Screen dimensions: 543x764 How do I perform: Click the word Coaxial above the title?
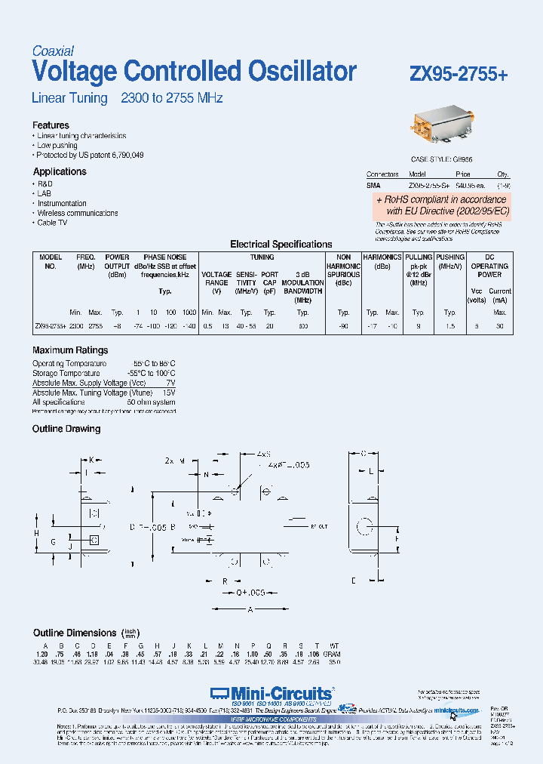53,51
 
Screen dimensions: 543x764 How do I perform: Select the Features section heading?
51,125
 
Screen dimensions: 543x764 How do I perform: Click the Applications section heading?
60,171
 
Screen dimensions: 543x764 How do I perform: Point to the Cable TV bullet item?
52,223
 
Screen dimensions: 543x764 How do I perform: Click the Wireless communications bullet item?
78,213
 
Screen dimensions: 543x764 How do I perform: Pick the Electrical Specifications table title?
281,245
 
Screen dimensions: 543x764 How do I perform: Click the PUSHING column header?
450,257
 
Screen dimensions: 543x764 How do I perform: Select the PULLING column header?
419,257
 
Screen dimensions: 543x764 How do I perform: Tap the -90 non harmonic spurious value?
344,326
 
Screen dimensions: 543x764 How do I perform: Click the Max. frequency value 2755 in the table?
95,326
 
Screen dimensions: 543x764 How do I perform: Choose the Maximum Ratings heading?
70,350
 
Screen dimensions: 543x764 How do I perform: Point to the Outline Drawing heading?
66,429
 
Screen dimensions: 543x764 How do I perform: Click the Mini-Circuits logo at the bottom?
271,693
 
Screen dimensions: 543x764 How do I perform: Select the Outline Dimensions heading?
75,633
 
